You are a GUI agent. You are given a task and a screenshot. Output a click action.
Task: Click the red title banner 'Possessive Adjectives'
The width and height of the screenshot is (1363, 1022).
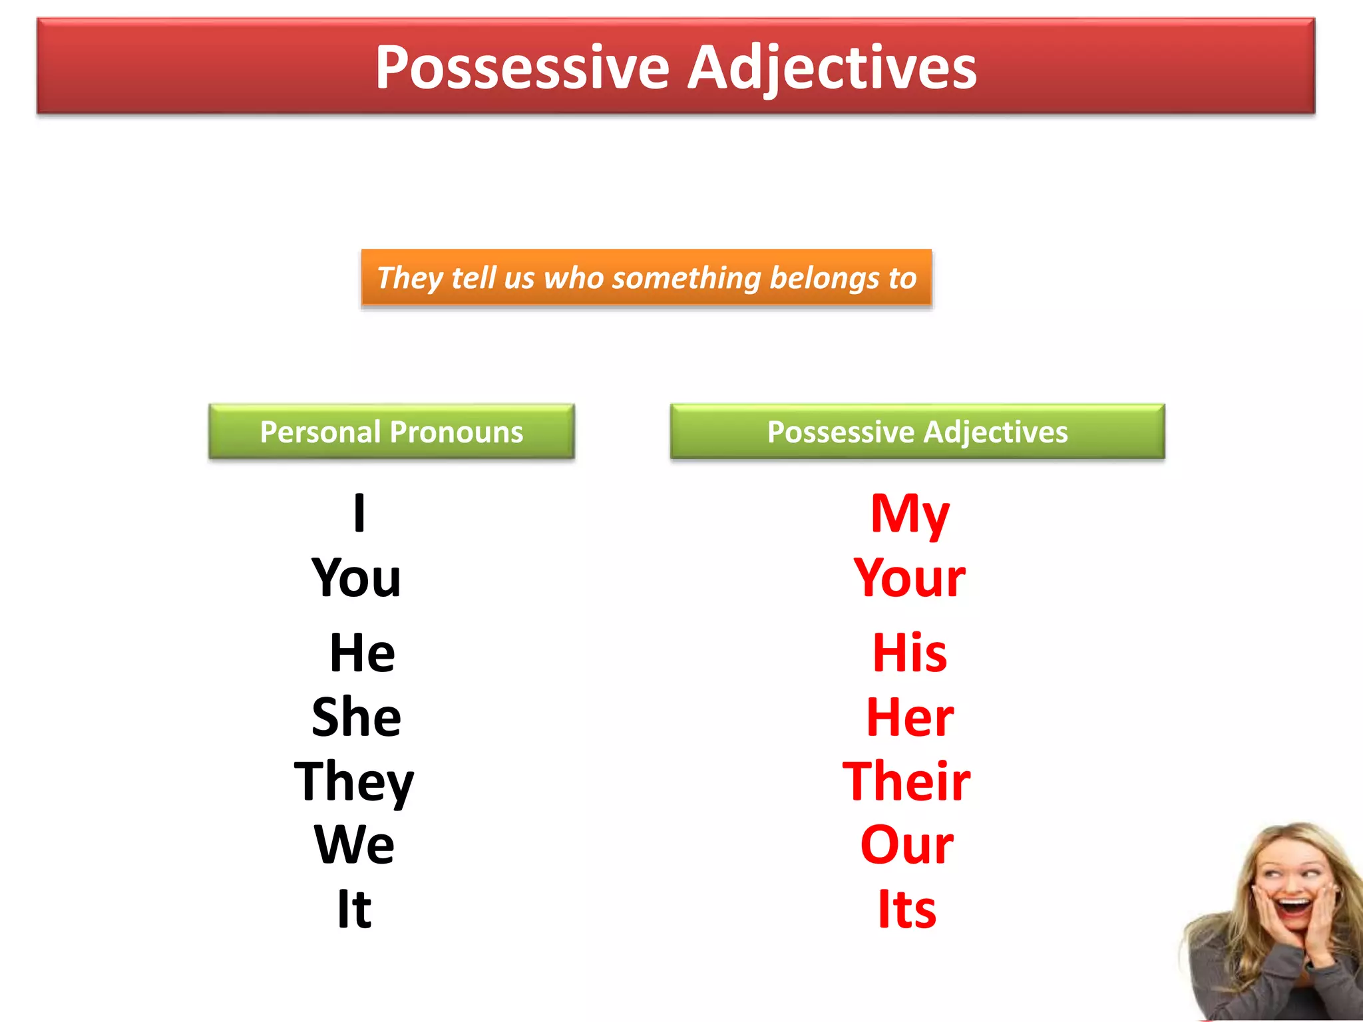pyautogui.click(x=676, y=67)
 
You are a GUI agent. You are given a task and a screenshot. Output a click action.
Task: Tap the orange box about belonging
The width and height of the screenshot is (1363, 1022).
pyautogui.click(x=646, y=278)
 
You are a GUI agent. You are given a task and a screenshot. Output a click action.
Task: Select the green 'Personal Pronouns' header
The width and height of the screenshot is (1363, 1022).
pyautogui.click(x=391, y=432)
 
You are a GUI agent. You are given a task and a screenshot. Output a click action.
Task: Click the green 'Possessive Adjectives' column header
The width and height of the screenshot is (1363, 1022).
pyautogui.click(x=917, y=432)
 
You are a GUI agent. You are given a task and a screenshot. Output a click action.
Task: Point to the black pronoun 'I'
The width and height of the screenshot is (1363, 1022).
pyautogui.click(x=359, y=512)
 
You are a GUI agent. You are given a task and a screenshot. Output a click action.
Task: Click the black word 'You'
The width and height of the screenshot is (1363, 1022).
pyautogui.click(x=356, y=578)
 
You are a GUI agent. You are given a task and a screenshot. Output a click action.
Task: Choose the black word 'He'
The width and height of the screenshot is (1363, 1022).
pyautogui.click(x=362, y=653)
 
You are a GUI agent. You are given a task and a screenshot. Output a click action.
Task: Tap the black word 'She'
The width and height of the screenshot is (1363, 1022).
pyautogui.click(x=356, y=717)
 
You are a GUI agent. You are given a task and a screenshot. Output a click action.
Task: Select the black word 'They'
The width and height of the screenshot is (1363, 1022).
pyautogui.click(x=353, y=781)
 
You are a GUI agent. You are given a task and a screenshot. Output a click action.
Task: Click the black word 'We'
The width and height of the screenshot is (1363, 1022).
pyautogui.click(x=354, y=844)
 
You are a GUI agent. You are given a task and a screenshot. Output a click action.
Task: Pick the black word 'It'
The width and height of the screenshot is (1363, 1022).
pyautogui.click(x=353, y=909)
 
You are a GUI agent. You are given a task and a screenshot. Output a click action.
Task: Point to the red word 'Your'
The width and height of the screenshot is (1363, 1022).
pyautogui.click(x=909, y=578)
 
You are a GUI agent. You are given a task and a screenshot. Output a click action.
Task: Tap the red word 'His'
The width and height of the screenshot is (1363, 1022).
pyautogui.click(x=909, y=653)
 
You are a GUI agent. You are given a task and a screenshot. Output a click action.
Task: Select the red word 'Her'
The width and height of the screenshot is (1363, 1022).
pyautogui.click(x=909, y=717)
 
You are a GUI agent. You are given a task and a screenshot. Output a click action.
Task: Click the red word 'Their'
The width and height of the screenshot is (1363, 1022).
pyautogui.click(x=906, y=781)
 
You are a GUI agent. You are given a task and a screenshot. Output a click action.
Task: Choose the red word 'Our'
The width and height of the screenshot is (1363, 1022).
pyautogui.click(x=906, y=844)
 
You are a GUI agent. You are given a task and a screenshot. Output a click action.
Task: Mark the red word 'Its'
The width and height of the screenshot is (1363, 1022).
pyautogui.click(x=906, y=909)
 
